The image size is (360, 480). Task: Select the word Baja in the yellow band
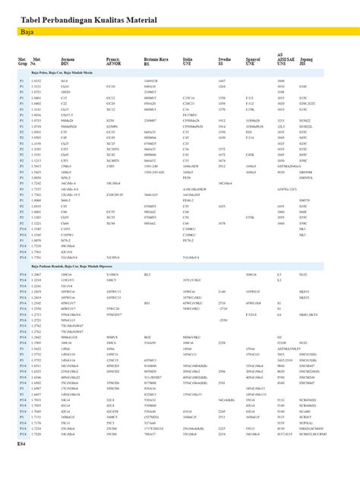tap(27, 34)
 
